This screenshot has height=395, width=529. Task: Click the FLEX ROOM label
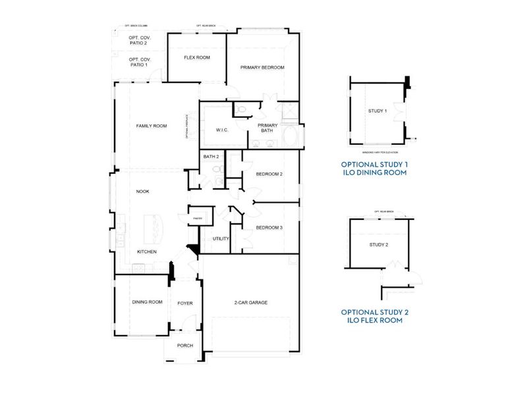196,58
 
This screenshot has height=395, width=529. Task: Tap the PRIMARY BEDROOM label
262,68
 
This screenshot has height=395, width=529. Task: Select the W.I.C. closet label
222,130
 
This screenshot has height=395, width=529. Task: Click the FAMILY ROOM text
152,126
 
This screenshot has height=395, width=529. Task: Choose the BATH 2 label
211,157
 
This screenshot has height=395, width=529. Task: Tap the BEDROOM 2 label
269,174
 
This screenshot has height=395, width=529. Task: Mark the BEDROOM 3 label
269,228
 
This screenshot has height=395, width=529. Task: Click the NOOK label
142,192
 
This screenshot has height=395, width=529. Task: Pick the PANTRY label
197,218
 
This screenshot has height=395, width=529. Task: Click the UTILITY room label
221,239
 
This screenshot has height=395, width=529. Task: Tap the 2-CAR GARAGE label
250,303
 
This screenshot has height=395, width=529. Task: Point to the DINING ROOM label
147,302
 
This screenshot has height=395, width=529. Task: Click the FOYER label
185,303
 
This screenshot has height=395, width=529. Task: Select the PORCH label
185,345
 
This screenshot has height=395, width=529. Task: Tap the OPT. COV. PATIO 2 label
139,40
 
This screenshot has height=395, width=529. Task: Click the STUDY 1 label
377,111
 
